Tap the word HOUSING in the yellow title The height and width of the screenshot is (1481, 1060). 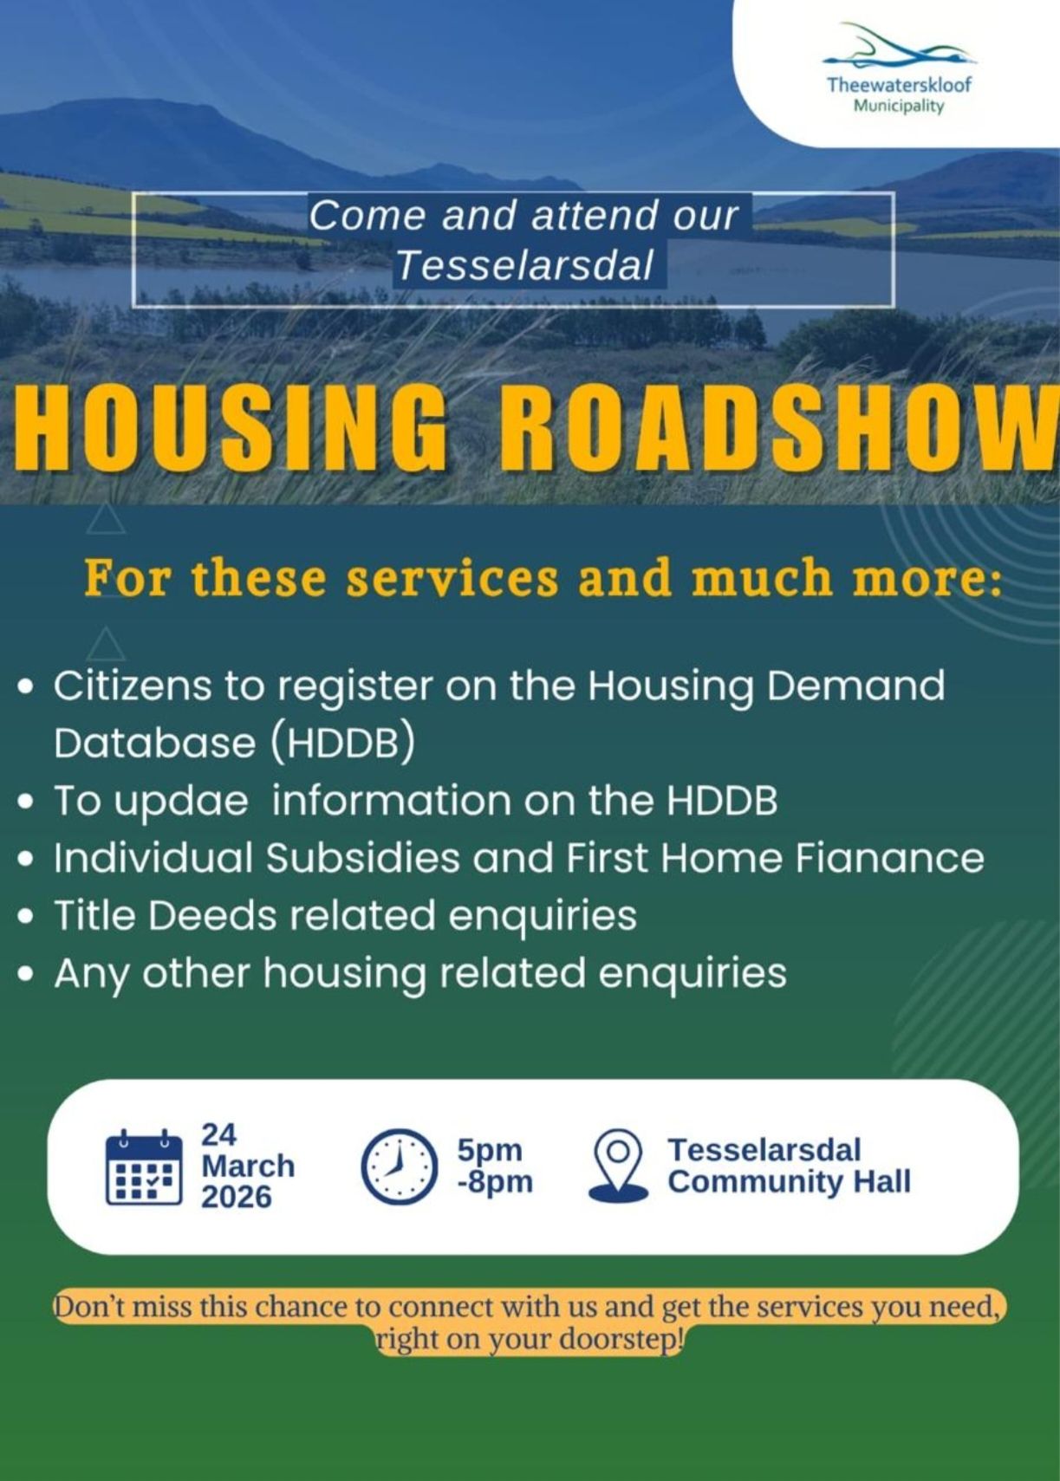pyautogui.click(x=229, y=430)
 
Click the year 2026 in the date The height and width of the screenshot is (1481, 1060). pyautogui.click(x=236, y=1198)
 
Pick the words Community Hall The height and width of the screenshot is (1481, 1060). pyautogui.click(x=789, y=1183)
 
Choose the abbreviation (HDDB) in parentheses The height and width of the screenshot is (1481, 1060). pyautogui.click(x=342, y=744)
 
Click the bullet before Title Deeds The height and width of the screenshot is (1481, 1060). pyautogui.click(x=26, y=918)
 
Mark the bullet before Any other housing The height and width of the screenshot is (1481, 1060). pyautogui.click(x=26, y=975)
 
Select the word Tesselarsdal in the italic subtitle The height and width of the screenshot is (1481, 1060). pyautogui.click(x=525, y=266)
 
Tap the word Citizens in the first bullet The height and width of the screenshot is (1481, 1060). pyautogui.click(x=133, y=685)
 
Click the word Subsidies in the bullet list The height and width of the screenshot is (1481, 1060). pyautogui.click(x=363, y=858)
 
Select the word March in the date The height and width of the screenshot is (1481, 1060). pyautogui.click(x=248, y=1166)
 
